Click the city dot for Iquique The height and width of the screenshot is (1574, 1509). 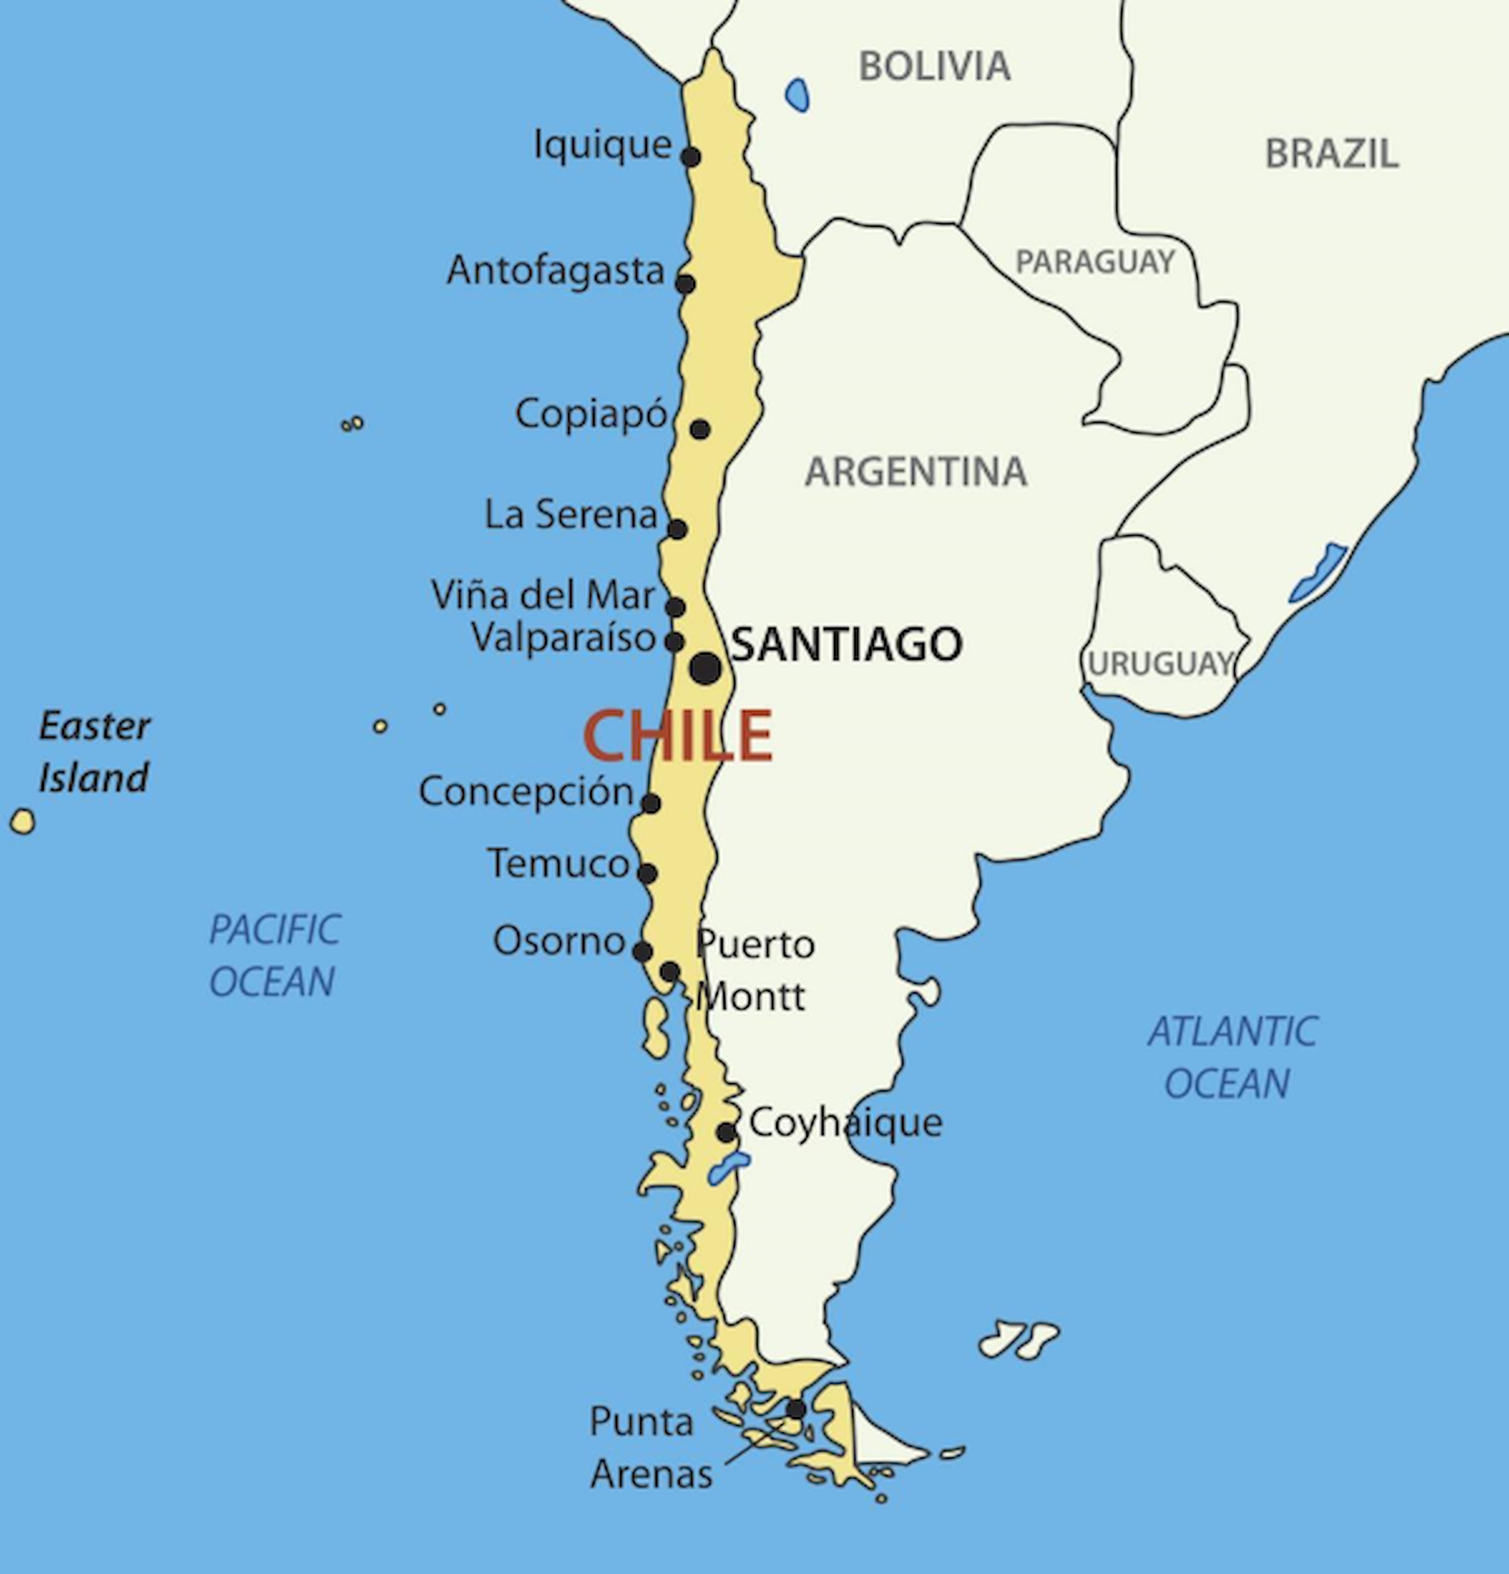coord(691,156)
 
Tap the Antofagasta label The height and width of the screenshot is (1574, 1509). coord(556,271)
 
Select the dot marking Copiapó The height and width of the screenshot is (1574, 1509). coord(700,429)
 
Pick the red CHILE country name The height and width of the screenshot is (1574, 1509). coord(678,736)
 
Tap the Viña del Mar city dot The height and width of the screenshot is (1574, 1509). coord(676,607)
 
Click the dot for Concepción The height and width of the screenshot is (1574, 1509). coord(650,803)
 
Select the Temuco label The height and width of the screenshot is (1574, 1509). coord(558,864)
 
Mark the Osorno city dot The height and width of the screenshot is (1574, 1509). coord(642,951)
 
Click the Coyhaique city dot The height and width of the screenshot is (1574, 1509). coord(726,1132)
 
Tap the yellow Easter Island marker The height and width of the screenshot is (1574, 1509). coord(23,822)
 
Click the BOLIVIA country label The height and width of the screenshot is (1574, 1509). coord(934,66)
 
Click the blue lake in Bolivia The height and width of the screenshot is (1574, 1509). coord(797,95)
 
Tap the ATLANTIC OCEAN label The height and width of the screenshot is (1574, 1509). coord(1231,1058)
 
